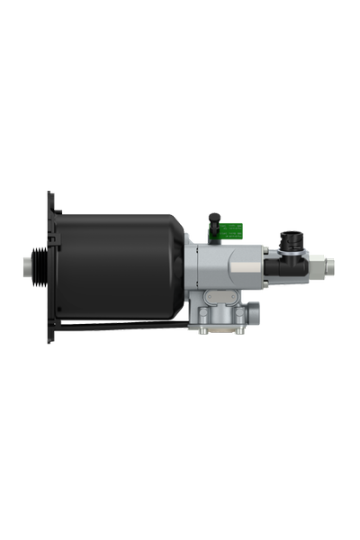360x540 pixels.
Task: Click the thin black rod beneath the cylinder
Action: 126,322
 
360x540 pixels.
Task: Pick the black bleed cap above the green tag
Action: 214,220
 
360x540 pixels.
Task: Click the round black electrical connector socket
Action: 293,240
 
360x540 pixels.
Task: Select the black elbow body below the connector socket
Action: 290,266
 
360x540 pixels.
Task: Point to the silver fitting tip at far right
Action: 331,266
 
